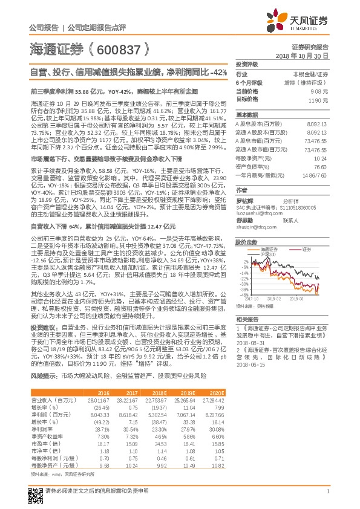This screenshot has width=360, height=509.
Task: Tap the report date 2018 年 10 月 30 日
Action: coord(301,55)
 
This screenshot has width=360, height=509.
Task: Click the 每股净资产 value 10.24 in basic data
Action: coord(321,157)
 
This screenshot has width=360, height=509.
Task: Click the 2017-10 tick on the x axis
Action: coord(251,299)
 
